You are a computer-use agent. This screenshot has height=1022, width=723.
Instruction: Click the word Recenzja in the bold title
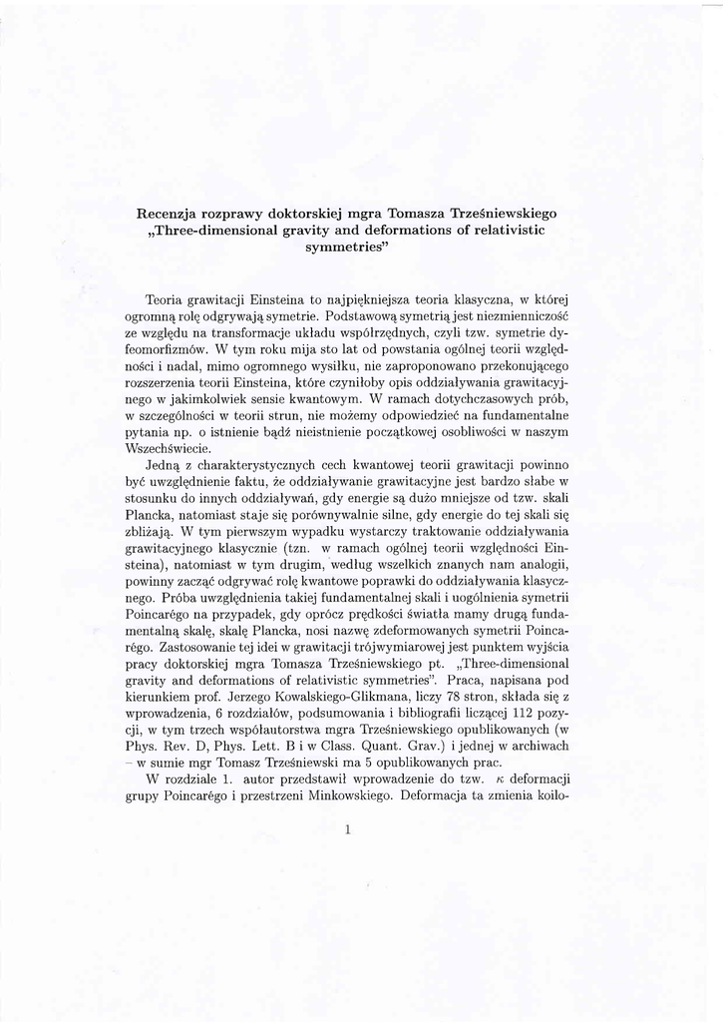pyautogui.click(x=170, y=213)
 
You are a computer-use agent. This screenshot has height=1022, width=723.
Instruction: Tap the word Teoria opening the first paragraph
pyautogui.click(x=164, y=299)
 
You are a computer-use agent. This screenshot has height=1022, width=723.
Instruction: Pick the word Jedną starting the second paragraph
pyautogui.click(x=164, y=464)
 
